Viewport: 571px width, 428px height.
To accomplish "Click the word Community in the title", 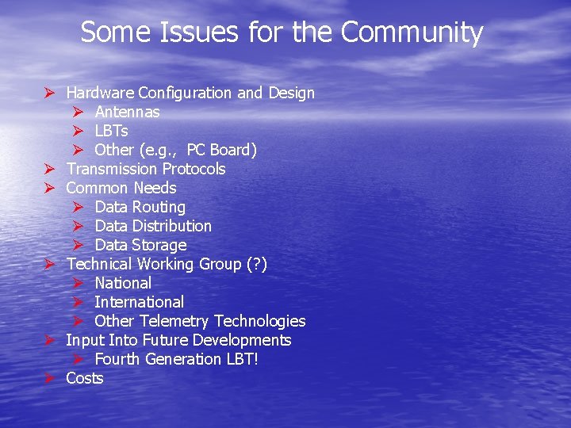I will (412, 32).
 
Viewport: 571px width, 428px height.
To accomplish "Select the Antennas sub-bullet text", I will (127, 112).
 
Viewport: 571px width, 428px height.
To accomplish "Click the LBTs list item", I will (111, 131).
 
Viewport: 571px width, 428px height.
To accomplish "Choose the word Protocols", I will (194, 169).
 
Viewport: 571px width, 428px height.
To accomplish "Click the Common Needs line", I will (121, 188).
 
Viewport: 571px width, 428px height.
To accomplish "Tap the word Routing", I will (159, 207).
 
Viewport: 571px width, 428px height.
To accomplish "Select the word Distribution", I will (172, 226).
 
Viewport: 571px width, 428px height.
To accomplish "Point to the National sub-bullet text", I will (123, 283).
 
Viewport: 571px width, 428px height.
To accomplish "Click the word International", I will (139, 302).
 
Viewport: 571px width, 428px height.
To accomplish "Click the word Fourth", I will (116, 359).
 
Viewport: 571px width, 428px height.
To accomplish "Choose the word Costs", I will (85, 378).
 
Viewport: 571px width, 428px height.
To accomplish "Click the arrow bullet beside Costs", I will (48, 378).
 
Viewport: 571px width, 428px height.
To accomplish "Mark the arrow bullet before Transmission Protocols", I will (48, 169).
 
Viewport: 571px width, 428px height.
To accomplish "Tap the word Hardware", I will (100, 93).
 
